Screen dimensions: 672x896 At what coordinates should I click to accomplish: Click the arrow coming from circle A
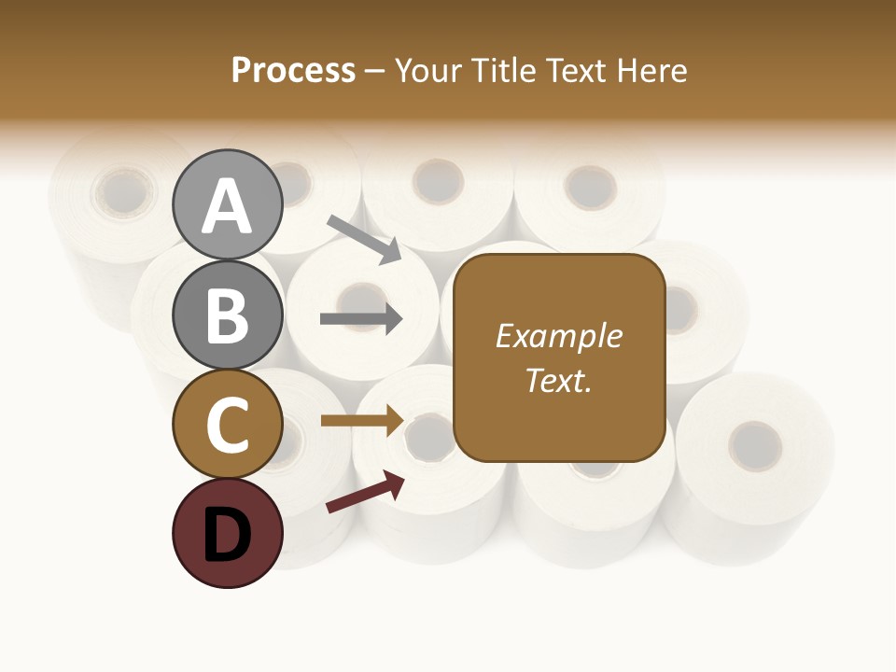[x=364, y=239]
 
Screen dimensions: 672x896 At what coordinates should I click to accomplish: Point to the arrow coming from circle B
[x=361, y=319]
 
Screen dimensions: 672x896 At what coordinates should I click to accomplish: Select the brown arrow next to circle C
[x=361, y=421]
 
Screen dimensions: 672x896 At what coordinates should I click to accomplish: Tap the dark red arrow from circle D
[x=365, y=493]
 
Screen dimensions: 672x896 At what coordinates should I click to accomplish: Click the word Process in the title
[x=293, y=71]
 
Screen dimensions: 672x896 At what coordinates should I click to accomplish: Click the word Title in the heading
[x=501, y=71]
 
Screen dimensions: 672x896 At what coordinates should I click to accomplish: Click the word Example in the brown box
[x=558, y=336]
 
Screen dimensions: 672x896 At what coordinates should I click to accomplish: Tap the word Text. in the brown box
[x=558, y=381]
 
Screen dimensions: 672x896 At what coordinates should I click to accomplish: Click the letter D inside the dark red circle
[x=227, y=535]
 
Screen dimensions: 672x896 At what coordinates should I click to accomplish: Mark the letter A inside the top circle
[x=227, y=206]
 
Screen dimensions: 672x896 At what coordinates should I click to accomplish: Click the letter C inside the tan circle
[x=227, y=425]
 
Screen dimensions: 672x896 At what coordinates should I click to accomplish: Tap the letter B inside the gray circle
[x=227, y=315]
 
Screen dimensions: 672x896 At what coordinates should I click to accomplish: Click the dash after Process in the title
[x=375, y=72]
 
